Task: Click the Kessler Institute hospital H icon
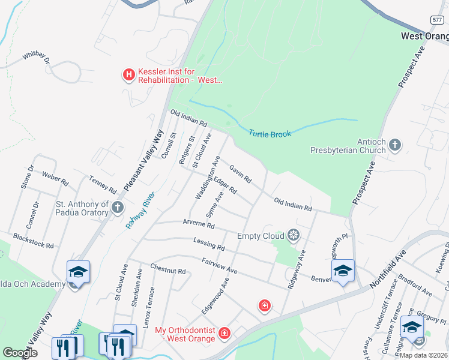(x=128, y=75)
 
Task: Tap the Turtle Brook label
(x=270, y=133)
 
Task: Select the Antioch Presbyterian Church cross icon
(x=395, y=145)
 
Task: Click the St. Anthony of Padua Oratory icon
(x=118, y=208)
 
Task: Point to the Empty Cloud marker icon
(x=294, y=235)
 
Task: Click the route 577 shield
(x=437, y=20)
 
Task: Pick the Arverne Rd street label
(x=199, y=224)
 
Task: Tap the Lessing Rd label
(x=209, y=244)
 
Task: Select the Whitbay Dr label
(x=37, y=58)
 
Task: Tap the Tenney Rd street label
(x=102, y=184)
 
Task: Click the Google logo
(x=20, y=352)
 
